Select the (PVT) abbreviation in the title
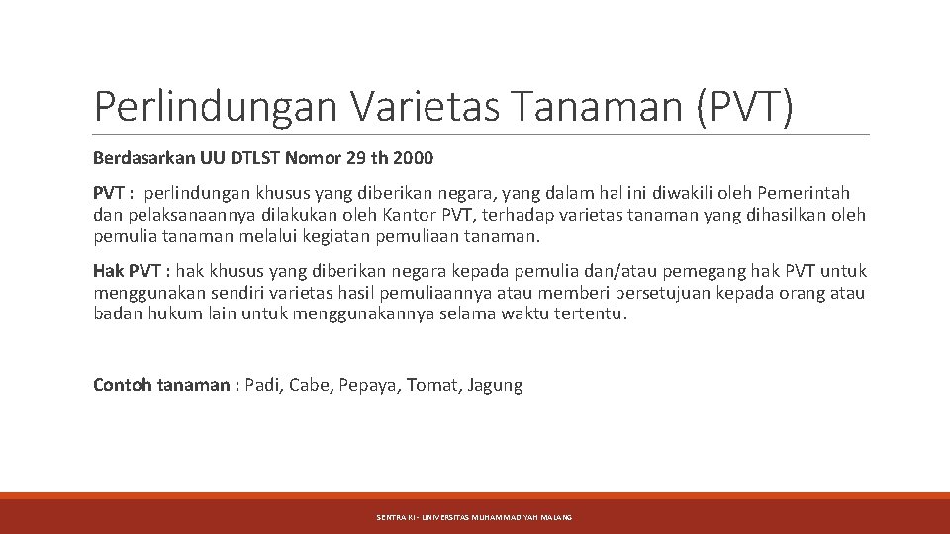[x=744, y=107]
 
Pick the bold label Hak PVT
[x=126, y=271]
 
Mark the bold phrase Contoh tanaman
[x=160, y=385]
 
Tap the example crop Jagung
[x=495, y=386]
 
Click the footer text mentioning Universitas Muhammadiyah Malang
[x=474, y=517]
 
